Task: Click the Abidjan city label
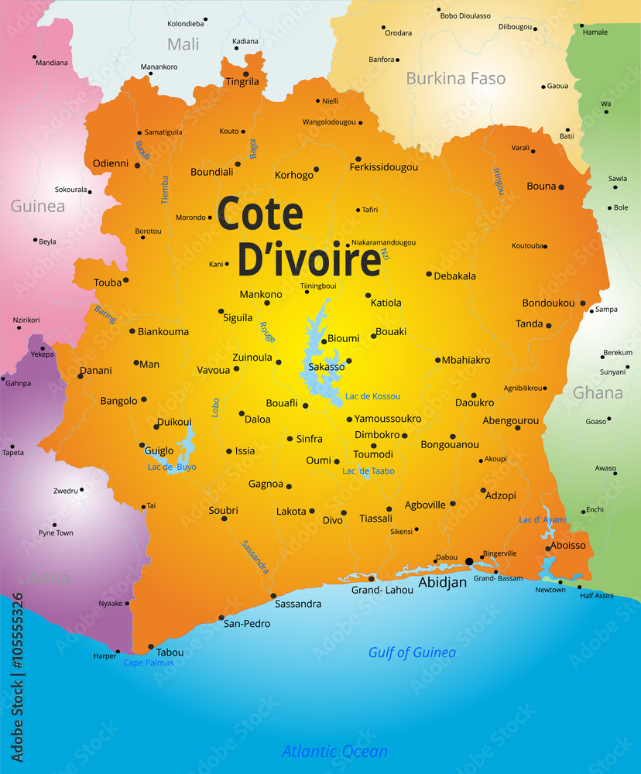tap(443, 582)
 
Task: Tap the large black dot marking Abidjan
tap(469, 561)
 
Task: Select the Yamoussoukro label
tap(388, 419)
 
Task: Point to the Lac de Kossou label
tap(373, 396)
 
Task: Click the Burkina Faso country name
tap(455, 78)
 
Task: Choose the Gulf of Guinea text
tap(412, 652)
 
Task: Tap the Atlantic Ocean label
tap(334, 751)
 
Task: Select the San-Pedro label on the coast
tap(246, 623)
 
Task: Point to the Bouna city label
tap(541, 186)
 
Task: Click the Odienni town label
tap(110, 163)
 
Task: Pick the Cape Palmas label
tap(148, 663)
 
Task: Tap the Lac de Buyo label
tap(172, 467)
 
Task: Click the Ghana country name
tap(598, 392)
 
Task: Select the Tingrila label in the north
tap(242, 81)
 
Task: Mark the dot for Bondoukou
tap(582, 303)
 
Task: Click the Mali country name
tap(183, 44)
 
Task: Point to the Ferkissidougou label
tap(384, 167)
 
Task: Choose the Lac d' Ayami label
tap(543, 520)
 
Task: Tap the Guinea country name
tap(37, 207)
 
